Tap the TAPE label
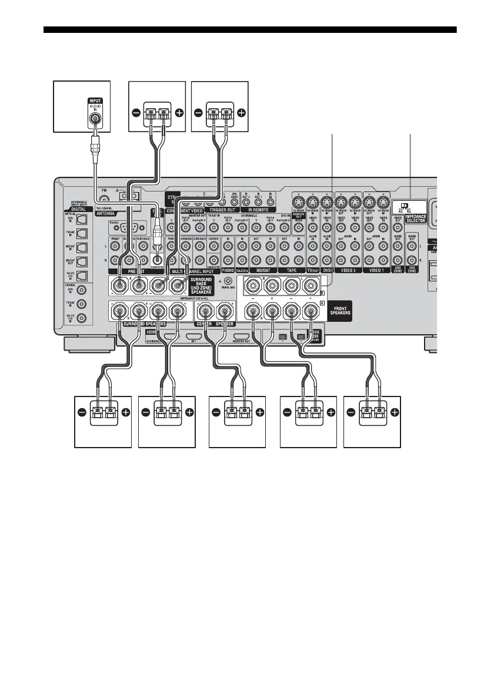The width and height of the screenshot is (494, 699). click(x=289, y=271)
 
